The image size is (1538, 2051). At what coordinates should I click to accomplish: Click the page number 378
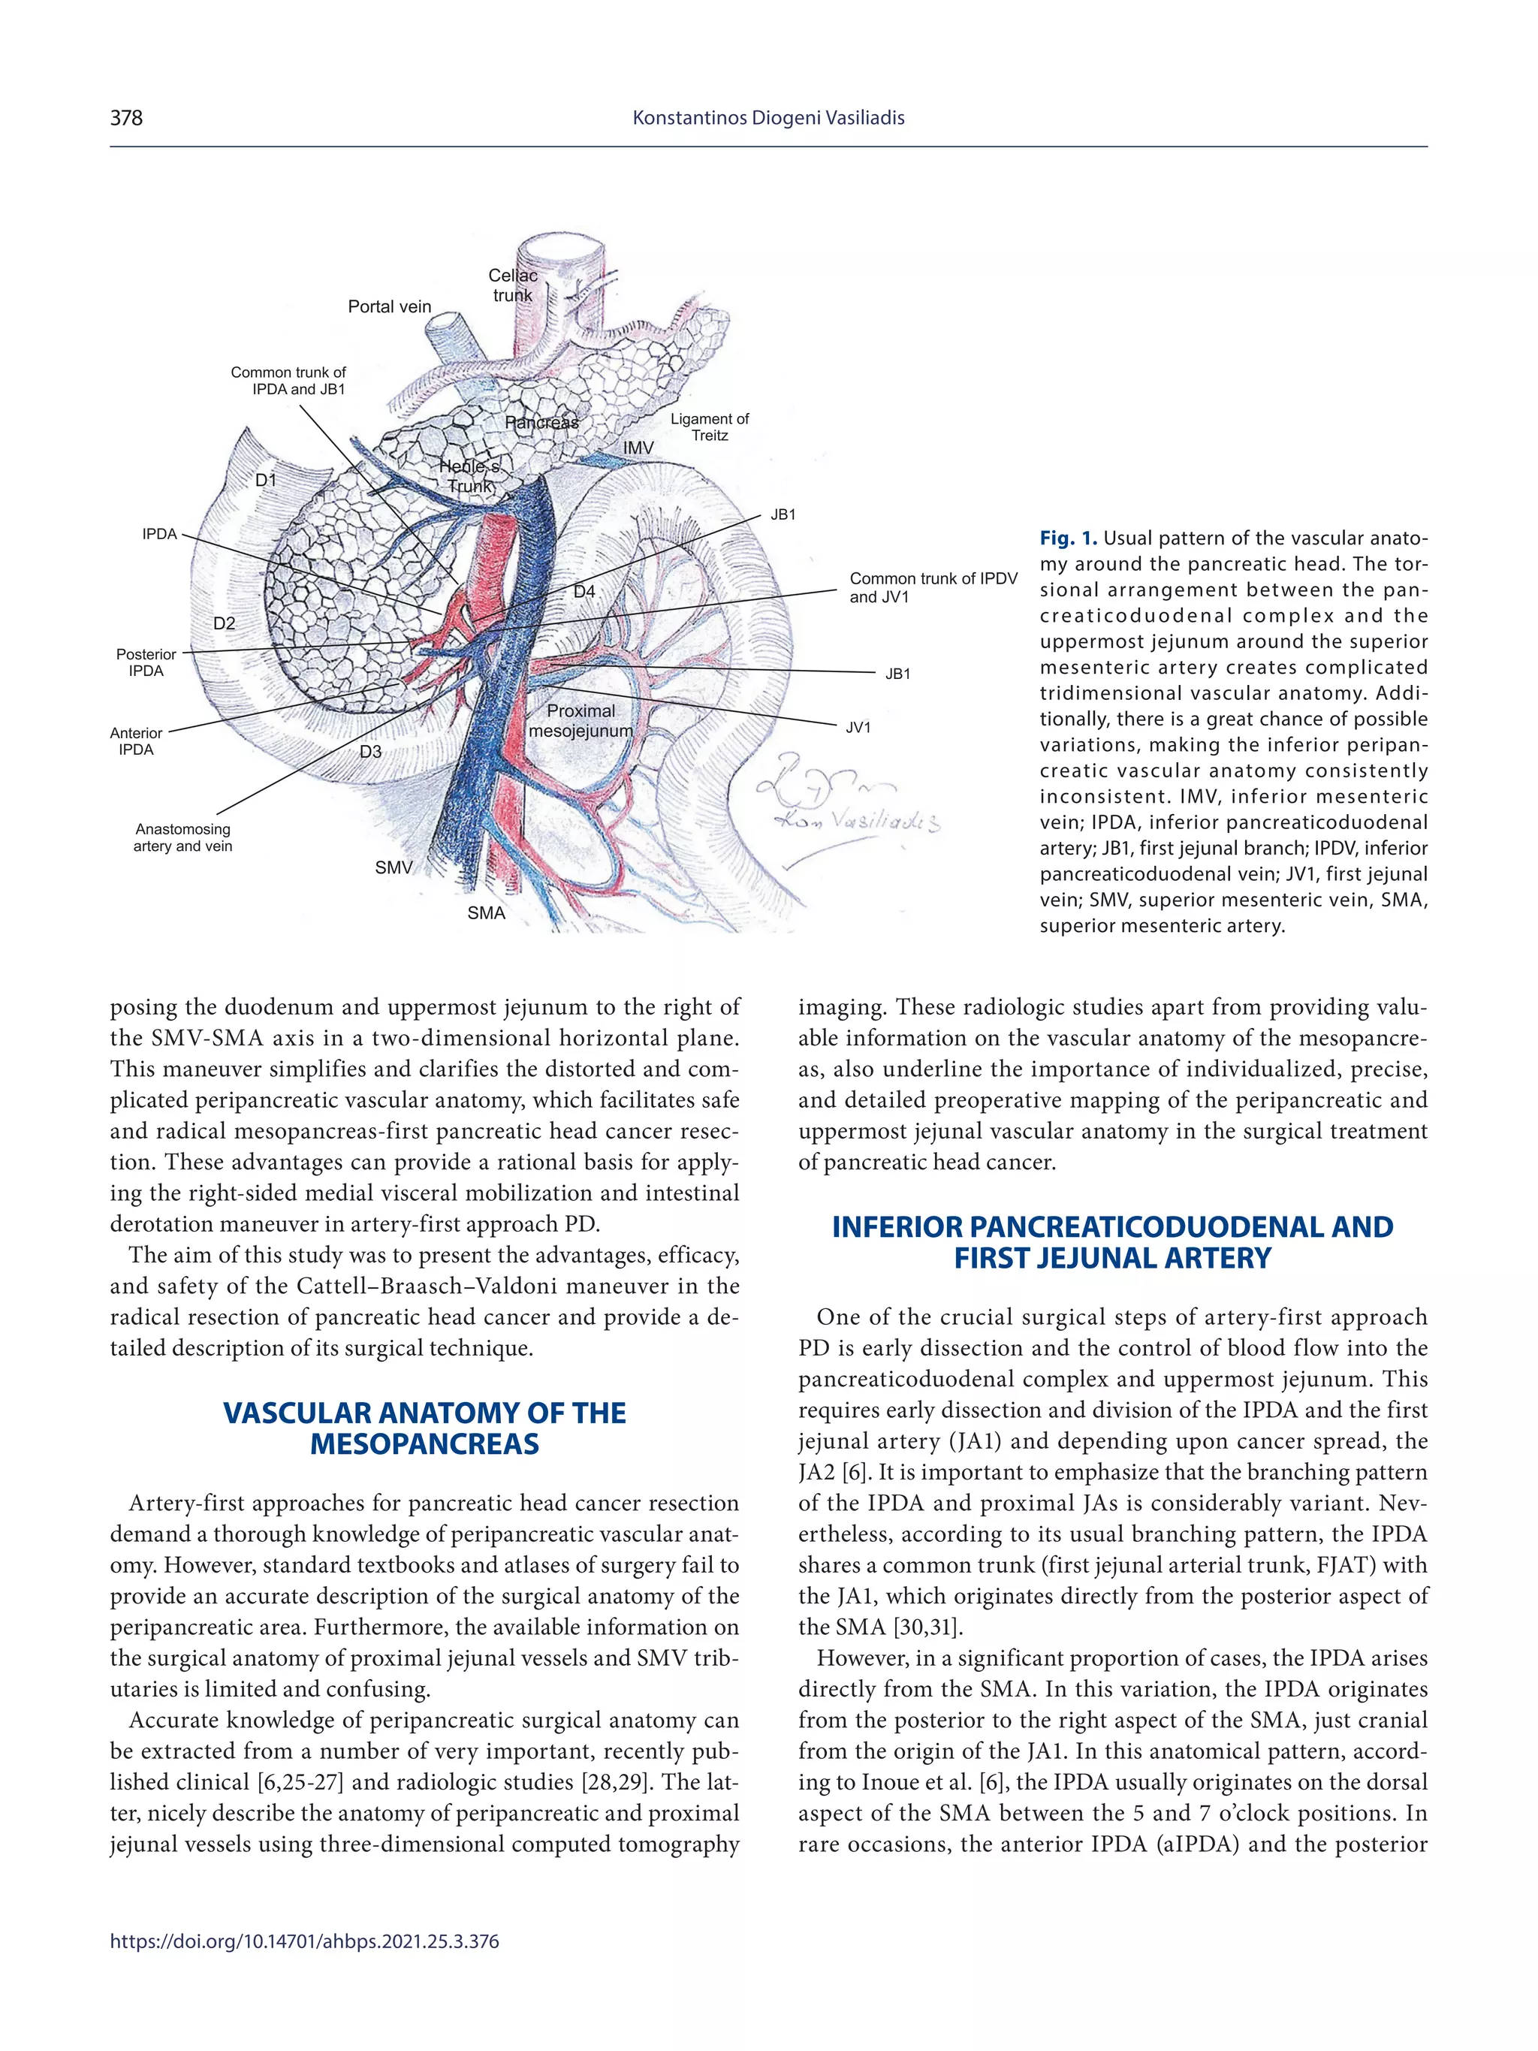tap(126, 118)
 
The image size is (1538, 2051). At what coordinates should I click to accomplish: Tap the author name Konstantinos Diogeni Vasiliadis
tap(767, 118)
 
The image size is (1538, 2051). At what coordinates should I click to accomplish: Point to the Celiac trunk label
tap(513, 285)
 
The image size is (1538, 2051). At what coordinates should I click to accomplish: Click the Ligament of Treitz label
tap(709, 427)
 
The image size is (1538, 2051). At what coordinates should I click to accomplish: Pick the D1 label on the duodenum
tap(266, 481)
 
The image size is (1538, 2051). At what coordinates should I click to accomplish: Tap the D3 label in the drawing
tap(370, 752)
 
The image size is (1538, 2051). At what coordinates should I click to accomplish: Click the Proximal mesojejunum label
tap(581, 720)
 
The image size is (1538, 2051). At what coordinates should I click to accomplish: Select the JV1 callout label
tap(858, 728)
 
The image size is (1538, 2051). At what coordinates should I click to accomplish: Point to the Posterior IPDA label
tap(146, 663)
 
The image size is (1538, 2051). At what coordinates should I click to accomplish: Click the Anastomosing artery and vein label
tap(182, 837)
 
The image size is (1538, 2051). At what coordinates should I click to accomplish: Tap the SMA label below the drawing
tap(486, 913)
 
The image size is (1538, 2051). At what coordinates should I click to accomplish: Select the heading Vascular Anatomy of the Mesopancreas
tap(424, 1428)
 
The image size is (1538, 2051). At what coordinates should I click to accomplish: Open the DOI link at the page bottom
tap(304, 1941)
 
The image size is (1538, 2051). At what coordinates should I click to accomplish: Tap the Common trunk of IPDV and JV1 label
tap(933, 588)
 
